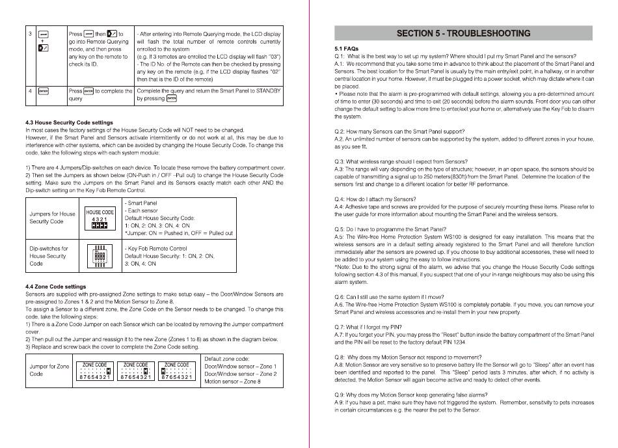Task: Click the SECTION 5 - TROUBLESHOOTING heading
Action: pyautogui.click(x=463, y=33)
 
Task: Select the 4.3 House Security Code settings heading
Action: pyautogui.click(x=69, y=122)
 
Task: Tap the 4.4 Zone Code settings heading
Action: pyautogui.click(x=55, y=287)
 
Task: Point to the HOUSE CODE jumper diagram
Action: pyautogui.click(x=100, y=221)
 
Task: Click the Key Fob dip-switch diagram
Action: pyautogui.click(x=100, y=256)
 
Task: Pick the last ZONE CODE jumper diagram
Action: pyautogui.click(x=177, y=371)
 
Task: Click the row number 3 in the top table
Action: pyautogui.click(x=30, y=33)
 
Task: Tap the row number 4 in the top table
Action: pyautogui.click(x=30, y=91)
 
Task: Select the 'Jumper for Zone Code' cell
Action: pyautogui.click(x=49, y=370)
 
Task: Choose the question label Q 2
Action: pyautogui.click(x=340, y=132)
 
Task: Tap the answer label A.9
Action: pyautogui.click(x=339, y=402)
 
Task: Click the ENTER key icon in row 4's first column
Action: pyautogui.click(x=43, y=91)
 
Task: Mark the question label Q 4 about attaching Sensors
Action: pyautogui.click(x=340, y=199)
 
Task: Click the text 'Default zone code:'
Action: pyautogui.click(x=227, y=359)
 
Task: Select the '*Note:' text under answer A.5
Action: pyautogui.click(x=343, y=266)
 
